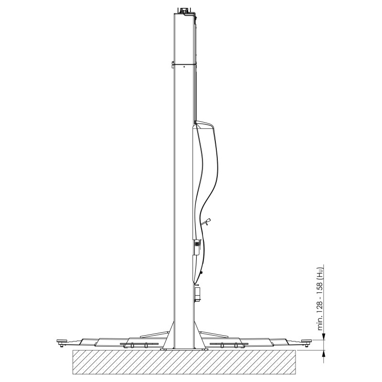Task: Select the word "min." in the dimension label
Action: tap(321, 322)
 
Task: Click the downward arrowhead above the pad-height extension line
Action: tap(324, 337)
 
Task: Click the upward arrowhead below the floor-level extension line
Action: tap(324, 353)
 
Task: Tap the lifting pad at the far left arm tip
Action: tap(62, 342)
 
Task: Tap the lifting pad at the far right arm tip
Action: tap(307, 342)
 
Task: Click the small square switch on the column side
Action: tap(196, 243)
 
